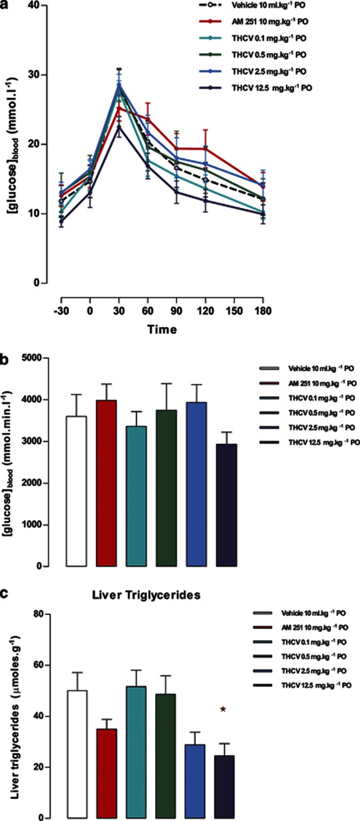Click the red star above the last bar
[x=223, y=709]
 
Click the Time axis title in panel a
[x=162, y=330]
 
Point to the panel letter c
[x=4, y=595]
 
